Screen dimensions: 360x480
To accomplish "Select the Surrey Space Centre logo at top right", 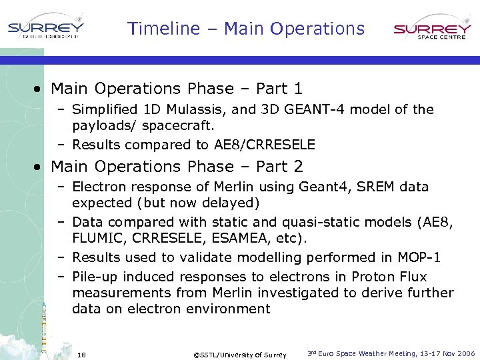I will tap(432, 31).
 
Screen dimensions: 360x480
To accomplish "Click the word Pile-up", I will tap(95, 277).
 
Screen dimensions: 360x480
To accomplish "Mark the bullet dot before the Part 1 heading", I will tap(41, 89).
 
